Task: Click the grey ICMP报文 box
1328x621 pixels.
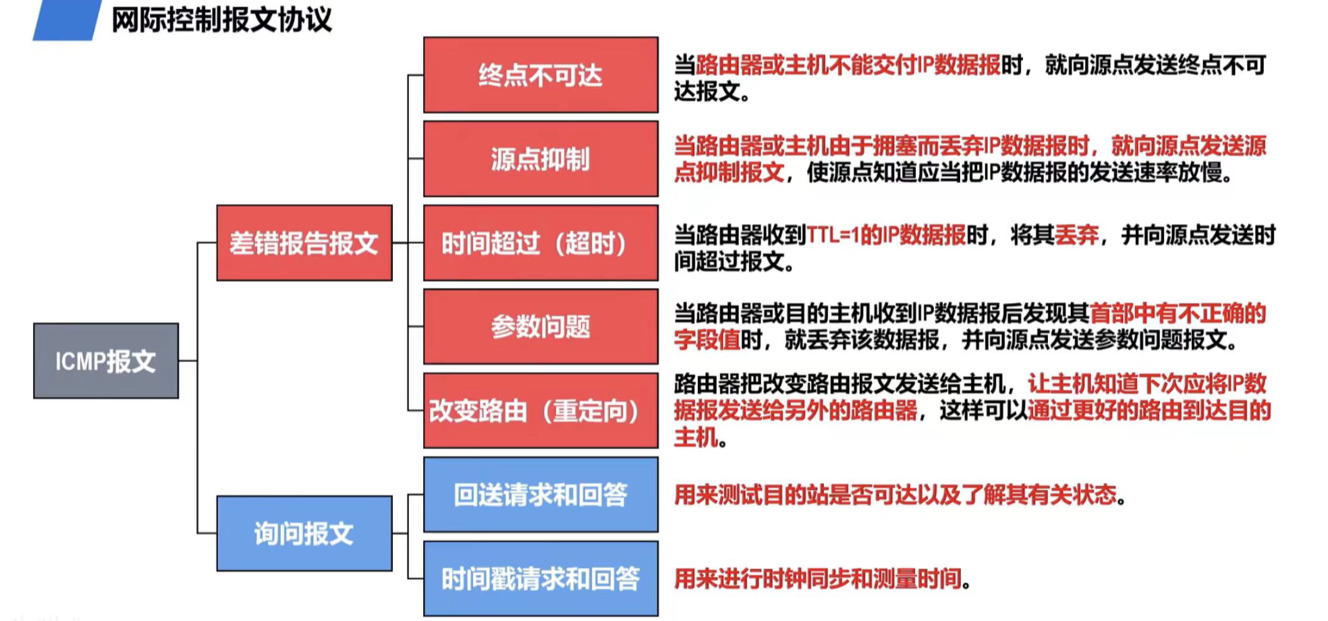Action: coord(106,360)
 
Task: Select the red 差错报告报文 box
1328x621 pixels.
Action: coord(304,243)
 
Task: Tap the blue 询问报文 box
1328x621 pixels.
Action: coord(304,533)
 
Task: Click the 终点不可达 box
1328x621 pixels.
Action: coord(540,75)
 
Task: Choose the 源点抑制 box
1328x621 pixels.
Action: coord(540,159)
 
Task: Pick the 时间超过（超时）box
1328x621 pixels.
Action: coord(540,243)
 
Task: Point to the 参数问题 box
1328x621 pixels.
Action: coord(540,326)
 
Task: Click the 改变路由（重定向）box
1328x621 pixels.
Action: coord(540,411)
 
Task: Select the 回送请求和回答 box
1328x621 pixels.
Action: coord(540,495)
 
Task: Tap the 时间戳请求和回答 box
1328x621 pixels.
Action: coord(540,579)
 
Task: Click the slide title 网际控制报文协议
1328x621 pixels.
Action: coord(222,20)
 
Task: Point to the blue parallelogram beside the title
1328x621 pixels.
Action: coord(67,20)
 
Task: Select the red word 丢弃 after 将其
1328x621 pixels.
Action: coord(1076,235)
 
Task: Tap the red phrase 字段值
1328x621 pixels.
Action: coord(707,340)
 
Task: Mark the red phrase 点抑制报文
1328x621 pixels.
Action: coord(729,172)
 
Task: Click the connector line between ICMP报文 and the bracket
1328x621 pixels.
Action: coord(188,360)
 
